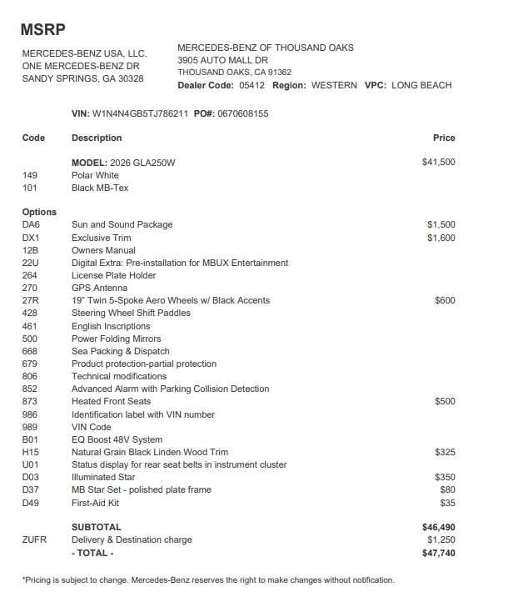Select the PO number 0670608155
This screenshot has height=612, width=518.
click(243, 113)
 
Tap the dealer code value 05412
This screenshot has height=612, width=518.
click(252, 85)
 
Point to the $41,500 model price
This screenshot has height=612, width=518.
click(438, 163)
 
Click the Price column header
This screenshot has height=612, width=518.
click(444, 138)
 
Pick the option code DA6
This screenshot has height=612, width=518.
click(31, 225)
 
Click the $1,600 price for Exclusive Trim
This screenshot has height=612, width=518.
click(441, 238)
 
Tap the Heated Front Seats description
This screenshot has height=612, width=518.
click(111, 402)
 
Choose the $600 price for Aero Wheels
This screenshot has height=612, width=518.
click(445, 301)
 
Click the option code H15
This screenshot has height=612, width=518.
click(31, 452)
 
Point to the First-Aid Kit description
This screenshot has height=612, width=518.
click(95, 503)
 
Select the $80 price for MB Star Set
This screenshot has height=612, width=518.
click(447, 490)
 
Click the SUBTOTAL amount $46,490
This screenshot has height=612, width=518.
click(438, 528)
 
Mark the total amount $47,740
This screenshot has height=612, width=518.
click(438, 553)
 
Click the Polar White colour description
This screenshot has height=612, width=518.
click(95, 176)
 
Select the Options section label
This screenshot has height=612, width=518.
click(39, 213)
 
